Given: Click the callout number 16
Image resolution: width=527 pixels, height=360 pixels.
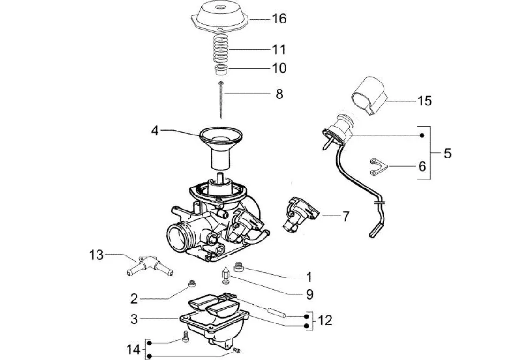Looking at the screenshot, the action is [279, 19].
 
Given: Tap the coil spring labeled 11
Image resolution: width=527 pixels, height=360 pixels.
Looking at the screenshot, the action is [221, 49].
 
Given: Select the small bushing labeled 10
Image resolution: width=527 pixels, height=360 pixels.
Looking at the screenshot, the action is [221, 70].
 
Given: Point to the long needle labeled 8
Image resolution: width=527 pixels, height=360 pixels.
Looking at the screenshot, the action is [221, 99].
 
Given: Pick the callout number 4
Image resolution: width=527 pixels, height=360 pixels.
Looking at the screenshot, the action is [155, 130].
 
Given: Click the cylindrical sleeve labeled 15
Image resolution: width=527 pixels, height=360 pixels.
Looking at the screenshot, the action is [369, 96].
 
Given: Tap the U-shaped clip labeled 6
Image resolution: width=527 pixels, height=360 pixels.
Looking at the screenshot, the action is [378, 167].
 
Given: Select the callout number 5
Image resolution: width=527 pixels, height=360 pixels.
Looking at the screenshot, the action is [447, 153].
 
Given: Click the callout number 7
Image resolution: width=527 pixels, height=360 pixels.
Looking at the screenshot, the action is [346, 216].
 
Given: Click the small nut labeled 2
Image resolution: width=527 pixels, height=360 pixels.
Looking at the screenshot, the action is [192, 284].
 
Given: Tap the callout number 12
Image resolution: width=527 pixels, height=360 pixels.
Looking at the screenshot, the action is [324, 320].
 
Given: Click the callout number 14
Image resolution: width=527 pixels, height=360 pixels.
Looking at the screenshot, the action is [133, 350].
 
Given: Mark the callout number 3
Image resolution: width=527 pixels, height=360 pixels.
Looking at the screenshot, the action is [134, 319].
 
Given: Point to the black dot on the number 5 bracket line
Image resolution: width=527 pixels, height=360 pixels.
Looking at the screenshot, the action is [422, 135].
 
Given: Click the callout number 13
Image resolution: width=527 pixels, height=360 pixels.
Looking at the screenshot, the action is [96, 255].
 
